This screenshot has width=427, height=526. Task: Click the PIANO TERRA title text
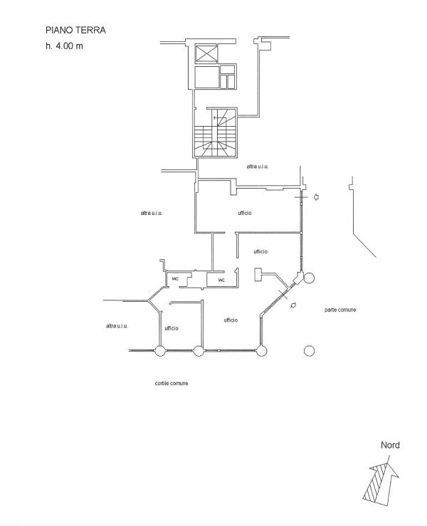[75, 30]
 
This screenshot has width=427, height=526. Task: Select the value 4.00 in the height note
[64, 46]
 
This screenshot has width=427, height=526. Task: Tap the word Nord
[390, 445]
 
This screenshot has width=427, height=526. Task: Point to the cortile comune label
[171, 383]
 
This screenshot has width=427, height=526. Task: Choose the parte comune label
[340, 310]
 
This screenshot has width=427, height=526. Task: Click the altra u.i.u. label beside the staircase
[258, 167]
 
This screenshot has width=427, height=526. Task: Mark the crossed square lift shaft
[206, 53]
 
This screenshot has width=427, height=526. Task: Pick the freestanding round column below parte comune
[309, 351]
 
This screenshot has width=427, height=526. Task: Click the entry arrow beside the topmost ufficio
[316, 197]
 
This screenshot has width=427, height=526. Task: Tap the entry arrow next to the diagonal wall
[293, 305]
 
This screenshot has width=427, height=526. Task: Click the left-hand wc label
[175, 279]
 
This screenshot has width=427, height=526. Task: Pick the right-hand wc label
[221, 280]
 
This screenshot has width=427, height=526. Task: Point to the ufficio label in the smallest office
[172, 328]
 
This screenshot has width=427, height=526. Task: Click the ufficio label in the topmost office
[245, 213]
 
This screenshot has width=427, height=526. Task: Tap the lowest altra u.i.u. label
[117, 326]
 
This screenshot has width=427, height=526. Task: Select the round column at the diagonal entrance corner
[309, 278]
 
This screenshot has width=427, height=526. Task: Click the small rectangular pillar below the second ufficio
[258, 275]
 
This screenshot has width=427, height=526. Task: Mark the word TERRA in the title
[90, 30]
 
